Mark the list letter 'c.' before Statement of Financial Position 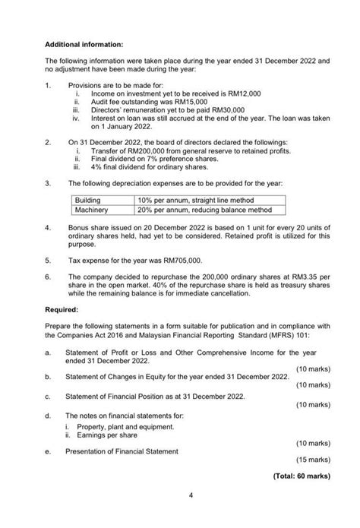pos(49,396)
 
